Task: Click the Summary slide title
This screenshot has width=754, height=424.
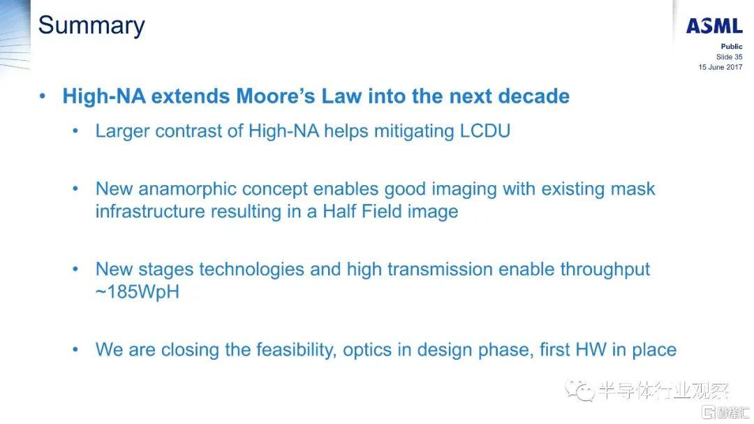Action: click(91, 26)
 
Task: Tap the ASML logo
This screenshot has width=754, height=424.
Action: click(714, 26)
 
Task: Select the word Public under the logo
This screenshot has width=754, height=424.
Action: click(732, 47)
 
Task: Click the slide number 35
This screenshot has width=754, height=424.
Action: click(738, 57)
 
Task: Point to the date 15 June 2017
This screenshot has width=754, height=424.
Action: click(720, 67)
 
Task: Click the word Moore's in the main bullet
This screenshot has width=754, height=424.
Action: click(276, 96)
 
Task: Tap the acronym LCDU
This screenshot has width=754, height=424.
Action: click(485, 131)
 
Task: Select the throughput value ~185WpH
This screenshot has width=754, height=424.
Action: click(138, 292)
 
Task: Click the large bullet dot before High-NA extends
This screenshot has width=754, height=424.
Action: click(43, 96)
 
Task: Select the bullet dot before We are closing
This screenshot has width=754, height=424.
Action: click(75, 350)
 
